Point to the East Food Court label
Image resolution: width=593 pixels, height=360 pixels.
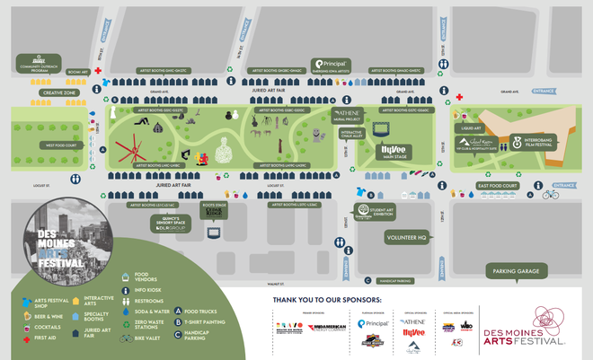click(x=496, y=186)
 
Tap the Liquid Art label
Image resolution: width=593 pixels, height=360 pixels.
click(x=472, y=128)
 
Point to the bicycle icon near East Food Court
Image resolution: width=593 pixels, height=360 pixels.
click(x=550, y=194)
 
